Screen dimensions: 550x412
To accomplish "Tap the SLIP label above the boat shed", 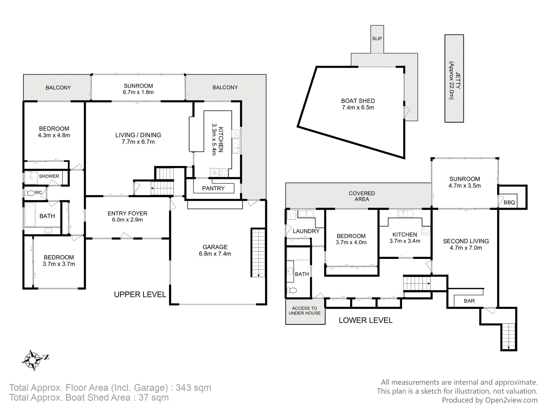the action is tap(377, 39).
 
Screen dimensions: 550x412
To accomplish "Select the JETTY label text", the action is tap(458, 80).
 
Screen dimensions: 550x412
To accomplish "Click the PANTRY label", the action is tap(213, 188).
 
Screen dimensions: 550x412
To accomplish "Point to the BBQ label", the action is tap(509, 202).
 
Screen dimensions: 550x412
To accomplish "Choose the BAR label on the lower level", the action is tap(469, 301).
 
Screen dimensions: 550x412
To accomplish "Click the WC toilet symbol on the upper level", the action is tap(29, 193).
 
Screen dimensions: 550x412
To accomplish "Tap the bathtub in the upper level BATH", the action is tap(30, 214).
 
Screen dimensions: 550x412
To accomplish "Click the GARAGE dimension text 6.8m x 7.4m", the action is tap(215, 254).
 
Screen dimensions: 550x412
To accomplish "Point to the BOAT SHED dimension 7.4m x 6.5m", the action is tap(358, 108).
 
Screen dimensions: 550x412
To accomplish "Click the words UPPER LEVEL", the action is tap(140, 295).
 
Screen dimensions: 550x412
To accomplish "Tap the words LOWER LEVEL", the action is tap(365, 320).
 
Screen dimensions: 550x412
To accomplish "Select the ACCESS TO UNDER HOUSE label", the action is tap(305, 311).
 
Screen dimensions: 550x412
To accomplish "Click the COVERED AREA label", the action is tap(362, 196).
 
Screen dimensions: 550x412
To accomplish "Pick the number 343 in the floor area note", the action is tap(183, 388).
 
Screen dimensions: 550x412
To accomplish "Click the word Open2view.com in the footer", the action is tap(511, 400).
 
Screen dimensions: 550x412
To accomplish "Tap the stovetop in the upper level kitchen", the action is tap(224, 172).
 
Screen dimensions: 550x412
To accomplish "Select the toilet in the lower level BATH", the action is tap(292, 290).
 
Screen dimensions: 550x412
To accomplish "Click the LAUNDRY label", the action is tap(306, 231).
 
